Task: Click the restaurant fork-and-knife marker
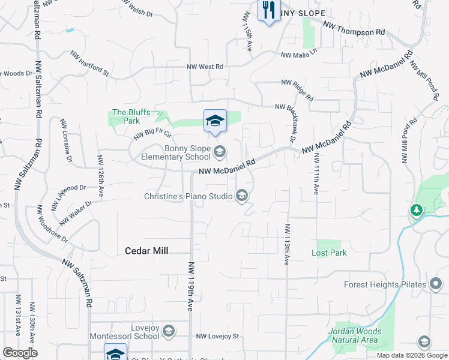(x=268, y=10)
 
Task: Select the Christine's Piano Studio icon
(x=242, y=196)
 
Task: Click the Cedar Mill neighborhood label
(x=146, y=251)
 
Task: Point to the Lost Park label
(x=329, y=253)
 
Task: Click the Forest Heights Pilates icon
(x=436, y=284)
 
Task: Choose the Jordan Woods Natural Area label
(x=354, y=335)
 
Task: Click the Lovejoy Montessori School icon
(x=169, y=331)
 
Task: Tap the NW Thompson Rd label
(x=354, y=28)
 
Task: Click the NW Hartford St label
(x=89, y=64)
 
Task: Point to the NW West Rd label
(x=205, y=67)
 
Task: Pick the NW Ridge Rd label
(x=297, y=89)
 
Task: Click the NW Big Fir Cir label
(x=152, y=130)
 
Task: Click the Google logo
(x=20, y=353)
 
